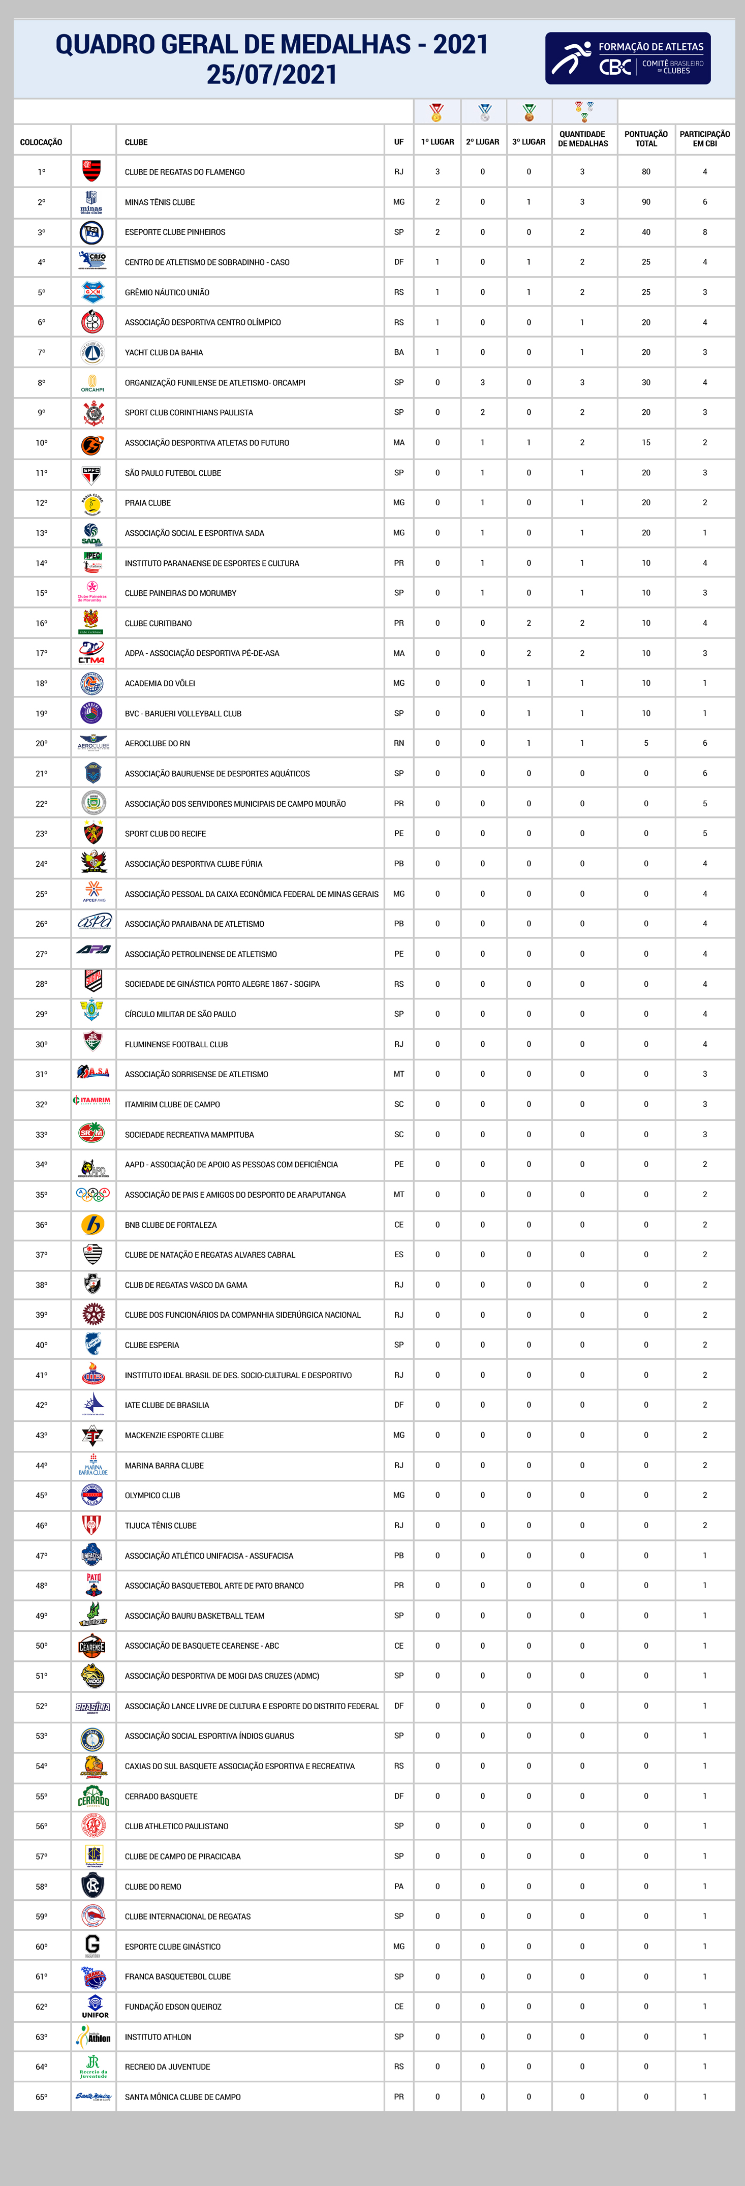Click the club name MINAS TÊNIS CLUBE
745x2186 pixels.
(160, 202)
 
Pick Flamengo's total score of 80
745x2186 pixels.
(646, 171)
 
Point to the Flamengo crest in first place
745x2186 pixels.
(91, 171)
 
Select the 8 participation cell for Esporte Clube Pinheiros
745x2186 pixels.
(704, 232)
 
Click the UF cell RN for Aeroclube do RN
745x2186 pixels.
(399, 743)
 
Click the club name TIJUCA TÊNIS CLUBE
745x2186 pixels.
(161, 1526)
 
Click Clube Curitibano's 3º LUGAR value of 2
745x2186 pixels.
(529, 623)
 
